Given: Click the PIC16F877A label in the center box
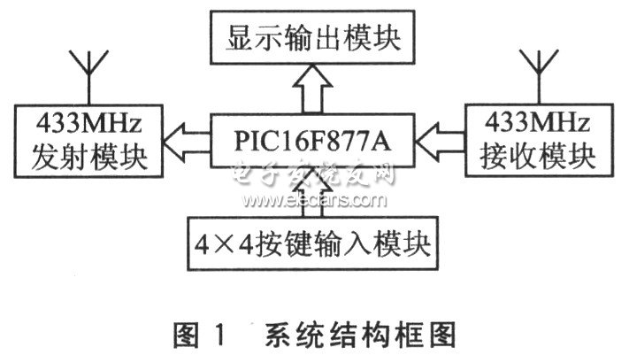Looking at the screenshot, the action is (312, 141).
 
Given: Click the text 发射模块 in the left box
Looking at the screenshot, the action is (89, 157).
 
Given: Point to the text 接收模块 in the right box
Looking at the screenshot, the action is (538, 156).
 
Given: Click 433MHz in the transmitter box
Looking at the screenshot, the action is (89, 124).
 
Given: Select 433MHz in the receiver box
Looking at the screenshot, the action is (538, 122).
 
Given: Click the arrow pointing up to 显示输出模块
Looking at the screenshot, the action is (312, 89).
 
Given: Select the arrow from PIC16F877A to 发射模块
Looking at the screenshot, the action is (186, 141).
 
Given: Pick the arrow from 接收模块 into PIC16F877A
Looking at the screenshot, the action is (440, 142).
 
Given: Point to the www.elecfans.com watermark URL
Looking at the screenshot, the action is (314, 200).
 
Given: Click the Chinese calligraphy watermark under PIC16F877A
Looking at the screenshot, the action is (313, 174).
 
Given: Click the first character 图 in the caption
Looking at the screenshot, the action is (186, 335).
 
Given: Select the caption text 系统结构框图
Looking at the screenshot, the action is (360, 335).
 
